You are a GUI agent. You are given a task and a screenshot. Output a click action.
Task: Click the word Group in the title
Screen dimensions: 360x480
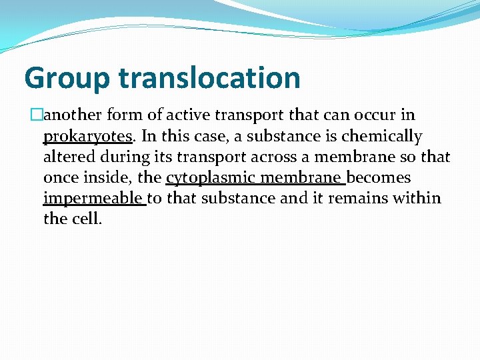pos(67,78)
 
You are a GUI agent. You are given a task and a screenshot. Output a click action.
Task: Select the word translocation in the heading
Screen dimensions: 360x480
pos(209,78)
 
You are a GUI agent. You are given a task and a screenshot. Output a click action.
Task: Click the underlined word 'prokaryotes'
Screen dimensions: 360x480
pos(87,137)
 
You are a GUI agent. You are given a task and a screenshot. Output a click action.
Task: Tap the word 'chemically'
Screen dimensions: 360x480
pos(381,137)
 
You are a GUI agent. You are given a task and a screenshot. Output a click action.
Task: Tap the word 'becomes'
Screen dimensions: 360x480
pos(379,178)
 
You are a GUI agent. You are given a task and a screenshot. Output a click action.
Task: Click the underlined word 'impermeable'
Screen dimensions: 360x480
pos(93,199)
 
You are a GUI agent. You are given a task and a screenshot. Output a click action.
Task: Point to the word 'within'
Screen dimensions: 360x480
pos(420,199)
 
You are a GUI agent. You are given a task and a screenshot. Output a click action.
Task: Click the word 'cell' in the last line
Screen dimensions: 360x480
pos(86,219)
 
